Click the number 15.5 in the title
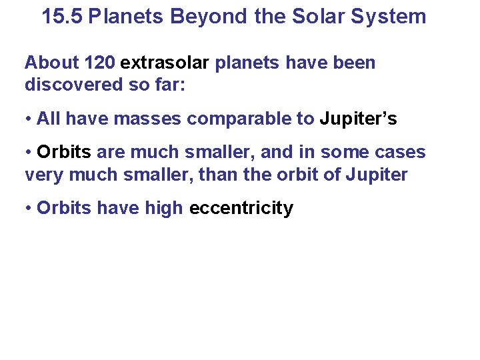[62, 17]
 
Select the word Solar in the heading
[312, 17]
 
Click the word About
[52, 63]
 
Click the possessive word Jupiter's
[359, 119]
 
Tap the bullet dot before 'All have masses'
[29, 120]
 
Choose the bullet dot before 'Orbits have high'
[29, 209]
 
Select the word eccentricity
[241, 209]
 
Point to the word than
[243, 175]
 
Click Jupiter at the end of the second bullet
[380, 175]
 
